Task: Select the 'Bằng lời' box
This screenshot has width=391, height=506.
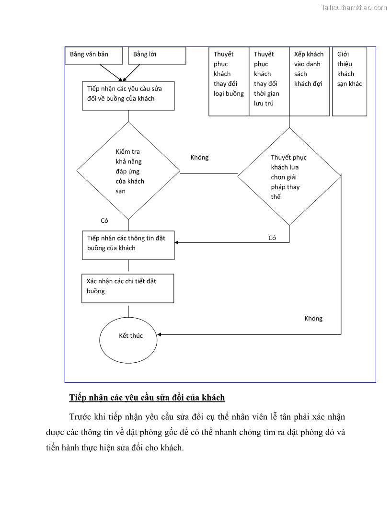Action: click(x=157, y=55)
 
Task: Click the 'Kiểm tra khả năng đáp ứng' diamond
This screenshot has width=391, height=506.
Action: click(x=128, y=171)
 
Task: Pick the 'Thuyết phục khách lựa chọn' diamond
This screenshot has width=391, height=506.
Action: click(x=289, y=176)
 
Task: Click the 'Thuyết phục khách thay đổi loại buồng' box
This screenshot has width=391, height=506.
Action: click(x=229, y=81)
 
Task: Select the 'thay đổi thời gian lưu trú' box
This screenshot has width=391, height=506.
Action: click(x=269, y=81)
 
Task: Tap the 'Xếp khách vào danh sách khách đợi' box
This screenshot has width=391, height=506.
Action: click(x=309, y=81)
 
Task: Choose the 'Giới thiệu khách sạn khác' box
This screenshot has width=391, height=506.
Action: click(x=349, y=81)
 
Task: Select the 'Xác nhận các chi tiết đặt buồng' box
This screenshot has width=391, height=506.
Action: click(x=128, y=288)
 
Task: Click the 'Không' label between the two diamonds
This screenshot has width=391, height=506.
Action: click(x=199, y=158)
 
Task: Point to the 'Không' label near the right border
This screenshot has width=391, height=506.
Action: click(x=313, y=319)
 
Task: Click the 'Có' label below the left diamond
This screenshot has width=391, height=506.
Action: click(x=104, y=221)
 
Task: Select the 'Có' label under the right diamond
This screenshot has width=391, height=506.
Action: click(x=272, y=238)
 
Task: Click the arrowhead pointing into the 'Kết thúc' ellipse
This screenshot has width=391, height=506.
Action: click(x=160, y=334)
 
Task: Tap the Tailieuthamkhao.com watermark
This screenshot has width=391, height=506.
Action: click(x=354, y=7)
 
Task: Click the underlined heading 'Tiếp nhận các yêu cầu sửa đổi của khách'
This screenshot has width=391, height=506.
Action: click(x=147, y=398)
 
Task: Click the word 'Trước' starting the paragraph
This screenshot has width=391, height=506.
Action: click(x=81, y=416)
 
